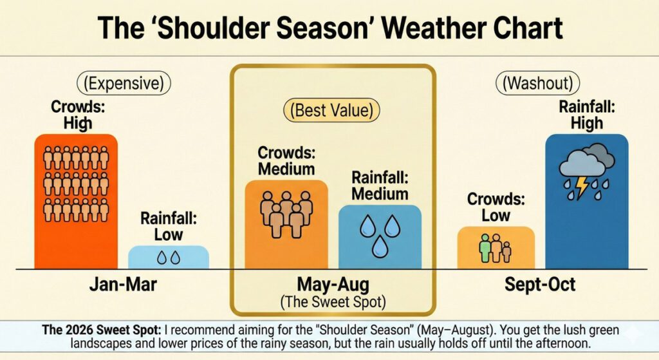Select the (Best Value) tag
333,110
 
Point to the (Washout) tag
537,83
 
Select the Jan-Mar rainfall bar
168,257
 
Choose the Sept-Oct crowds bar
496,248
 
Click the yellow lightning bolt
582,187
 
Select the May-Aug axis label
333,284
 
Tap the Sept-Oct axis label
540,285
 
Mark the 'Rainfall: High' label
586,115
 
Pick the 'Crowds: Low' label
496,207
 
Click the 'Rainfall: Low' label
168,226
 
